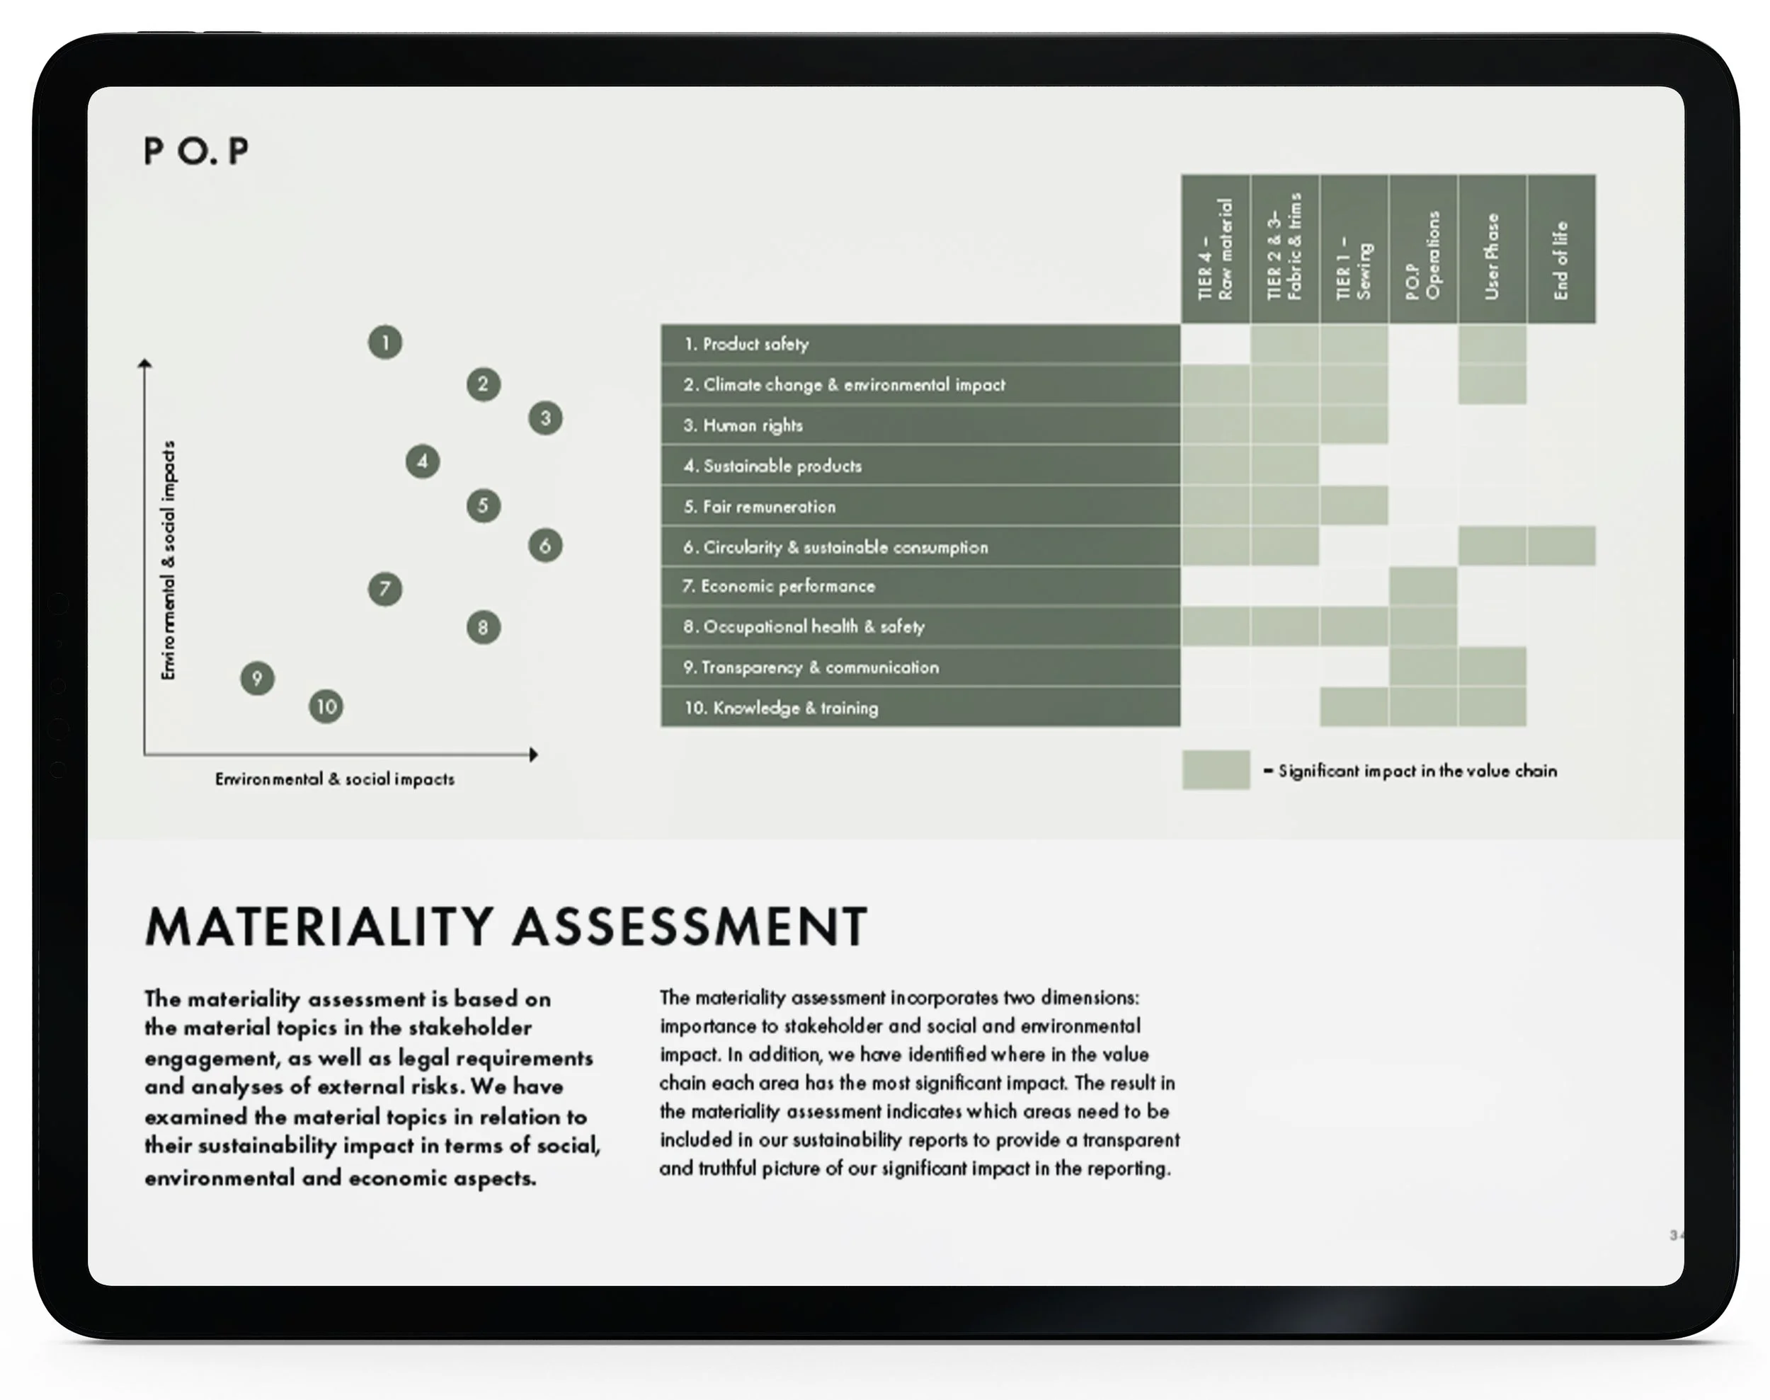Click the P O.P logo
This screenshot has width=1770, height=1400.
pos(196,151)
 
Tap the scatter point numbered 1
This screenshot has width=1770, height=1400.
pos(384,343)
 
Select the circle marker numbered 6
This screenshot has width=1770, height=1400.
pos(545,546)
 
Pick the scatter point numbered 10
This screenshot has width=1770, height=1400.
pos(326,706)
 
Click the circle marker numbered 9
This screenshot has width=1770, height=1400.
pos(258,679)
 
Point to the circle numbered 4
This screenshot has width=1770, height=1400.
pos(422,461)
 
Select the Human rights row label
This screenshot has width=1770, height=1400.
pos(752,425)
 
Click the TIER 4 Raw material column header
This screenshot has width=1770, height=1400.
pos(1215,249)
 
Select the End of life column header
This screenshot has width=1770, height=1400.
pos(1561,249)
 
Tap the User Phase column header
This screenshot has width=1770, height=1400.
pos(1492,249)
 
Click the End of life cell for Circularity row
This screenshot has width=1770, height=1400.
pos(1561,546)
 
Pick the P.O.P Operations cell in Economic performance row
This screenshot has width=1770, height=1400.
pos(1423,586)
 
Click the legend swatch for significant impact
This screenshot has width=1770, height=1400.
pos(1216,769)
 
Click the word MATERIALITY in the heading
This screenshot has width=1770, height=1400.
pos(320,927)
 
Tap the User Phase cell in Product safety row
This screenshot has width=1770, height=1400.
pos(1492,344)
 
